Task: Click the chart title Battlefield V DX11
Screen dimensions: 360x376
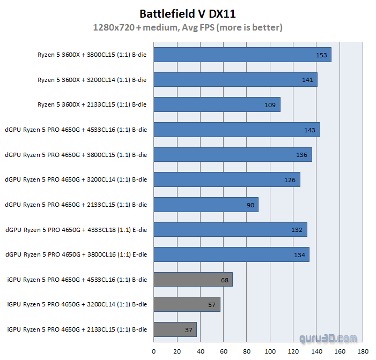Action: [188, 13]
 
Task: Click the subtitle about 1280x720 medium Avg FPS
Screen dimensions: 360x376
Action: [188, 27]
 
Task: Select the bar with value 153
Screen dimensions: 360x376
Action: [242, 55]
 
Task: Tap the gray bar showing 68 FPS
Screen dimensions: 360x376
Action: [193, 280]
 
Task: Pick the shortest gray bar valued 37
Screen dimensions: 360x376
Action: [175, 329]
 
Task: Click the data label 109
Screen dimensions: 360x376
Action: [270, 105]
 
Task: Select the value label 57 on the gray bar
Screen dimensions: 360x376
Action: [211, 305]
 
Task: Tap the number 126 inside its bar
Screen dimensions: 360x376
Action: [290, 180]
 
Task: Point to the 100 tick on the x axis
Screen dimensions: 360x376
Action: [270, 351]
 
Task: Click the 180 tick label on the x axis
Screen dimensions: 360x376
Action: [363, 351]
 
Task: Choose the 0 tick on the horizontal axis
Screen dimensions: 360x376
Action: [153, 351]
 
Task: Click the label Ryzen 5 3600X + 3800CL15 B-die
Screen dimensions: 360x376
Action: [92, 55]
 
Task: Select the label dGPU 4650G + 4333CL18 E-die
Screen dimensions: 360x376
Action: [76, 230]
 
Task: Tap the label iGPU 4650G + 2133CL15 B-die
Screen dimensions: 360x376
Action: [77, 329]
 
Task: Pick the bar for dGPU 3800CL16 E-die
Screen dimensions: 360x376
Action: [231, 254]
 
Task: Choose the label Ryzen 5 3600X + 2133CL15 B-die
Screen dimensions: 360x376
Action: [92, 104]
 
